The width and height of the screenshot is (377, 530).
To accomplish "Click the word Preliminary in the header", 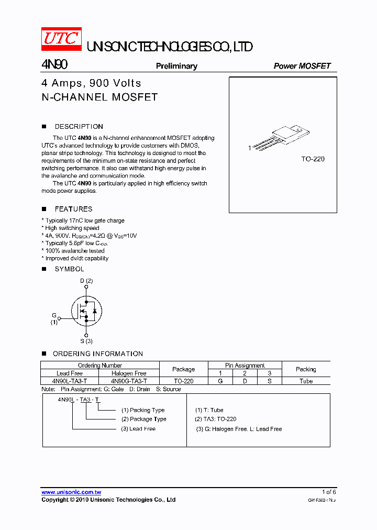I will coord(176,66).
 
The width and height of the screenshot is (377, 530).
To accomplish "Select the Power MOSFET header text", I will coord(302,66).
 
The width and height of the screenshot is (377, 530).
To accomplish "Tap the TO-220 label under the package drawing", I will coord(313,159).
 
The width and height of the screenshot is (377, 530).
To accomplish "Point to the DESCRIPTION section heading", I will coord(79,127).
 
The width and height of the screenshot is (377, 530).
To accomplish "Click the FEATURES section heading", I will coord(73,209).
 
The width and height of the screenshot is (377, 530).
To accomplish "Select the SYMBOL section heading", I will coord(69,269).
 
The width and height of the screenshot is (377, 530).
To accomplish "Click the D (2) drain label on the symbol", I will coord(86,281).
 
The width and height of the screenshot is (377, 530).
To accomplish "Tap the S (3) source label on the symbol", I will coord(86,341).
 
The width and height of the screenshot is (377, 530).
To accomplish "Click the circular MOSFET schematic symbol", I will coord(86,311).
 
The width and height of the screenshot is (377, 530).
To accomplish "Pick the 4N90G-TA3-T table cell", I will coord(129,381).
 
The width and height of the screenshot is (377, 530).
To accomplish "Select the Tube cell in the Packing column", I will coord(306,381).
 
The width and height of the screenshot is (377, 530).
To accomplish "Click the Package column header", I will coord(183,369).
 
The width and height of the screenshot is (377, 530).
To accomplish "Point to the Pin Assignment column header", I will coord(245,366).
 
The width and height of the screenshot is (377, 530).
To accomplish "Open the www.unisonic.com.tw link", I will coord(71,492).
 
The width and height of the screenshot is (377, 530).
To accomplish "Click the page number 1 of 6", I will coord(329,492).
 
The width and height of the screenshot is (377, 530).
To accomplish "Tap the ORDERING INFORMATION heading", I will coord(97,354).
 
